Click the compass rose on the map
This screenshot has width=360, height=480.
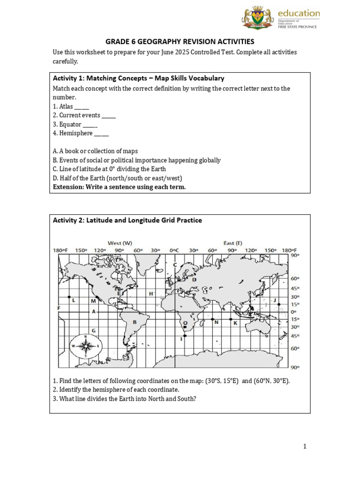[x=86, y=347]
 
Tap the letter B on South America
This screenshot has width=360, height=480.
[x=135, y=322]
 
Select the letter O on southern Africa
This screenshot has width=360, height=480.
[x=185, y=323]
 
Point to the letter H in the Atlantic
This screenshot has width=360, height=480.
[x=151, y=293]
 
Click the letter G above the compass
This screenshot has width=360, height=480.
[x=94, y=330]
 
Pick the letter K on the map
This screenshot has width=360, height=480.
[x=235, y=323]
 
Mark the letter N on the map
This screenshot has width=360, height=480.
[x=216, y=322]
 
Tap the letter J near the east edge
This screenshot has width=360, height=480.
[x=275, y=300]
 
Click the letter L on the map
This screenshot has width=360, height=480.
[x=74, y=301]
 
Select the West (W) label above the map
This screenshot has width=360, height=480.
[x=120, y=243]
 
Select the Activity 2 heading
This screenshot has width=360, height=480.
[x=127, y=220]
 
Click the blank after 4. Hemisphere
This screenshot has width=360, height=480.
[x=101, y=134]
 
